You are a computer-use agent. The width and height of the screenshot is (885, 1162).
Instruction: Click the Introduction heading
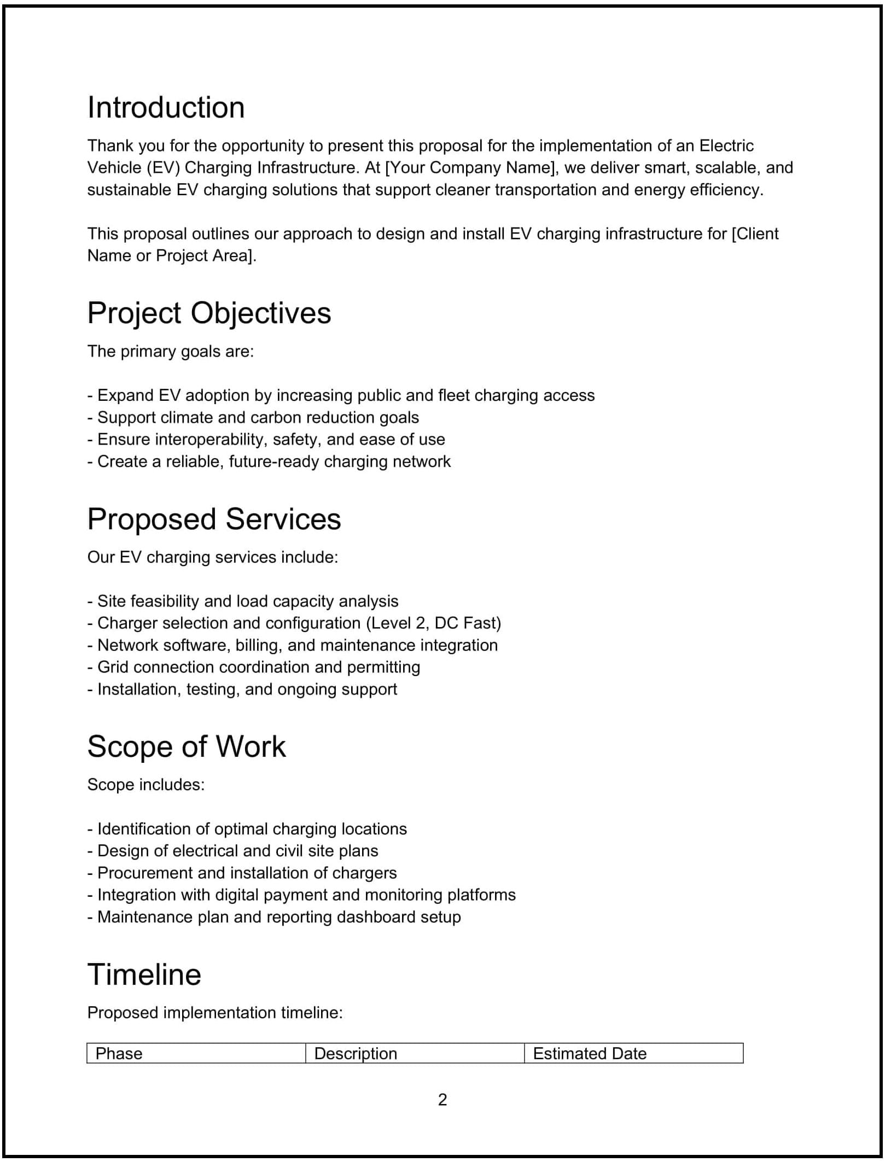click(x=166, y=108)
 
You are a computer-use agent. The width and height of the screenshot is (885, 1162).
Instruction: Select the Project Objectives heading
click(x=209, y=313)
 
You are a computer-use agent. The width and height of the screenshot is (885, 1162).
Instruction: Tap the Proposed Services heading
click(x=214, y=519)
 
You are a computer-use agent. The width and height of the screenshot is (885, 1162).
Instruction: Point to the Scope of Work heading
click(x=186, y=746)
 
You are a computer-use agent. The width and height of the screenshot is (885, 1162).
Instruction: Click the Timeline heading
click(x=144, y=974)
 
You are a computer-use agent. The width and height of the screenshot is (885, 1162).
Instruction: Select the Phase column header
click(x=119, y=1053)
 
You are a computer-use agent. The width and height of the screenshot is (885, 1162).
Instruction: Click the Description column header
click(x=356, y=1053)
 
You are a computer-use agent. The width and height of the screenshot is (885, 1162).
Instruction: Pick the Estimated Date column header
click(x=589, y=1053)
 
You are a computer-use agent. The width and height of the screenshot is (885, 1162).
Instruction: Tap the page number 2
click(x=443, y=1099)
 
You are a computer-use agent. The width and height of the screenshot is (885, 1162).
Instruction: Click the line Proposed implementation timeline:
click(x=215, y=1013)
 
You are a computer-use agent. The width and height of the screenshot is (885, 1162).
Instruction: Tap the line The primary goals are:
click(x=171, y=352)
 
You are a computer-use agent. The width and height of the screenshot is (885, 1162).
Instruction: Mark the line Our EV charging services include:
click(x=213, y=557)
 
